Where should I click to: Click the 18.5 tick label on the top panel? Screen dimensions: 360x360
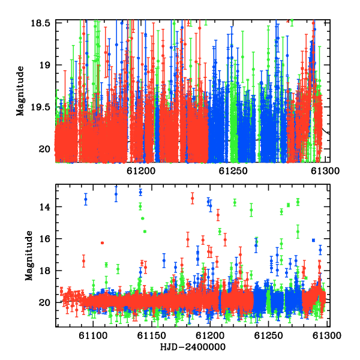pyautogui.click(x=40, y=23)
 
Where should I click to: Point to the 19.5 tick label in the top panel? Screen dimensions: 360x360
pyautogui.click(x=40, y=107)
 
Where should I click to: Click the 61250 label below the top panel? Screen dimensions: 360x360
pyautogui.click(x=233, y=171)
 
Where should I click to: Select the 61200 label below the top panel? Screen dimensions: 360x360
pyautogui.click(x=141, y=171)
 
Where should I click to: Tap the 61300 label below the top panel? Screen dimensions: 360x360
pyautogui.click(x=325, y=171)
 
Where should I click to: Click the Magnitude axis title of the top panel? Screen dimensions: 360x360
pyautogui.click(x=20, y=91)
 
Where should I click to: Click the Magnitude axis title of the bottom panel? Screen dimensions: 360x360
pyautogui.click(x=29, y=256)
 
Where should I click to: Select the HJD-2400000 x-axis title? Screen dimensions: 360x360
pyautogui.click(x=193, y=347)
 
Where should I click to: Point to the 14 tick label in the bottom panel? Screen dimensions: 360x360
pyautogui.click(x=44, y=207)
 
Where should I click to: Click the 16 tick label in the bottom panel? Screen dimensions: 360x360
pyautogui.click(x=44, y=239)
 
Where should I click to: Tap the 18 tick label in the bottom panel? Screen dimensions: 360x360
pyautogui.click(x=44, y=271)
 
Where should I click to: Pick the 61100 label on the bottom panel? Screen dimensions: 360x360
pyautogui.click(x=93, y=335)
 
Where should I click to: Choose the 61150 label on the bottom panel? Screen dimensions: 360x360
pyautogui.click(x=152, y=335)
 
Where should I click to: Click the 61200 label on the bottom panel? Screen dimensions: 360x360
pyautogui.click(x=210, y=335)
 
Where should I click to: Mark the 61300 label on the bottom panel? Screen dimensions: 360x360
pyautogui.click(x=327, y=335)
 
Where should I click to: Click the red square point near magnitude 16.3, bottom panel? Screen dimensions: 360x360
pyautogui.click(x=103, y=243)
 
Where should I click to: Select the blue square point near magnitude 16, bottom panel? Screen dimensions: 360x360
pyautogui.click(x=313, y=240)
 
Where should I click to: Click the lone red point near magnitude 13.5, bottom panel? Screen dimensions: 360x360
pyautogui.click(x=193, y=198)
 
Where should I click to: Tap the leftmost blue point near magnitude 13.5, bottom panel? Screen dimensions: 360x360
pyautogui.click(x=86, y=199)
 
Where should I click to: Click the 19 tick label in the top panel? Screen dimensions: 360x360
pyautogui.click(x=44, y=65)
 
